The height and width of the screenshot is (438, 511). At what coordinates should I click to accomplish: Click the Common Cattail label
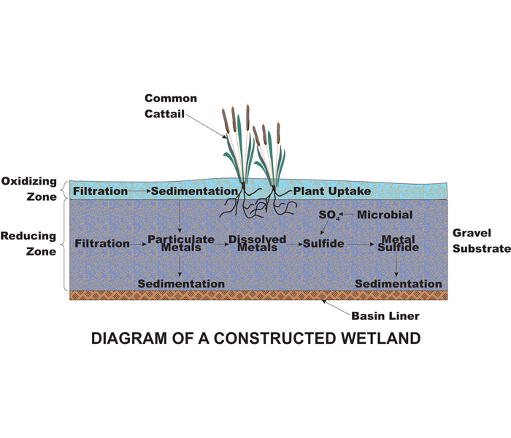(x=171, y=106)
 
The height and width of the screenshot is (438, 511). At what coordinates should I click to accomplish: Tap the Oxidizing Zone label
(x=29, y=188)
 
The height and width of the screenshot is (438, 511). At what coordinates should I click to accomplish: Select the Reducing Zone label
(x=28, y=243)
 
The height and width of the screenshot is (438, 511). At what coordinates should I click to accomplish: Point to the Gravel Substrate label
(x=482, y=240)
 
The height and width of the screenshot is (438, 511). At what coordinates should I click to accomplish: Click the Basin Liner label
(x=385, y=316)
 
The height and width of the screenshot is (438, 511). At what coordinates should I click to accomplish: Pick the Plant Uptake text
(x=332, y=191)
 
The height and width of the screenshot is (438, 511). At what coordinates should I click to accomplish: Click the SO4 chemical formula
(x=329, y=215)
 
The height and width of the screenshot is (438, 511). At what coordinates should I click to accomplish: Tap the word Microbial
(x=385, y=215)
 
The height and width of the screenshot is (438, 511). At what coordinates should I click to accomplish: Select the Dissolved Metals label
(x=257, y=243)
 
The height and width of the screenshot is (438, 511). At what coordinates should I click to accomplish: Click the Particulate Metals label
(x=181, y=243)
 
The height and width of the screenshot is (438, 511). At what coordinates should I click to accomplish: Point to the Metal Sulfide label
(x=398, y=243)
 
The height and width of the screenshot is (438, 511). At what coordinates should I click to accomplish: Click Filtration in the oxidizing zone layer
(x=101, y=191)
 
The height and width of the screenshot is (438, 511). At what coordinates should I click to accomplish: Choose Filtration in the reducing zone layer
(x=102, y=243)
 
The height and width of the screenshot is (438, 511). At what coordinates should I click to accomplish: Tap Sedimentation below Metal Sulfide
(x=399, y=283)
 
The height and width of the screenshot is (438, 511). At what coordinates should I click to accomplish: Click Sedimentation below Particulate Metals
(x=181, y=283)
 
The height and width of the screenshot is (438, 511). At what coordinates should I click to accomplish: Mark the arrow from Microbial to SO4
(x=347, y=215)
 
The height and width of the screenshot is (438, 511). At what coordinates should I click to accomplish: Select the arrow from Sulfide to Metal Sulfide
(x=361, y=244)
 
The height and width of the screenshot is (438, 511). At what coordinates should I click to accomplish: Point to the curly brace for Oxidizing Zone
(x=64, y=189)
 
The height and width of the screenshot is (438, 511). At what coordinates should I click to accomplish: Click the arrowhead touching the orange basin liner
(x=324, y=301)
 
